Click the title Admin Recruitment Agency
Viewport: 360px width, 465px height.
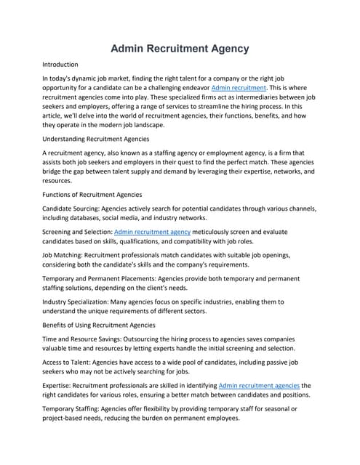click(180, 49)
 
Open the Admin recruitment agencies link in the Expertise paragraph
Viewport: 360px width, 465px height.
click(258, 385)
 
